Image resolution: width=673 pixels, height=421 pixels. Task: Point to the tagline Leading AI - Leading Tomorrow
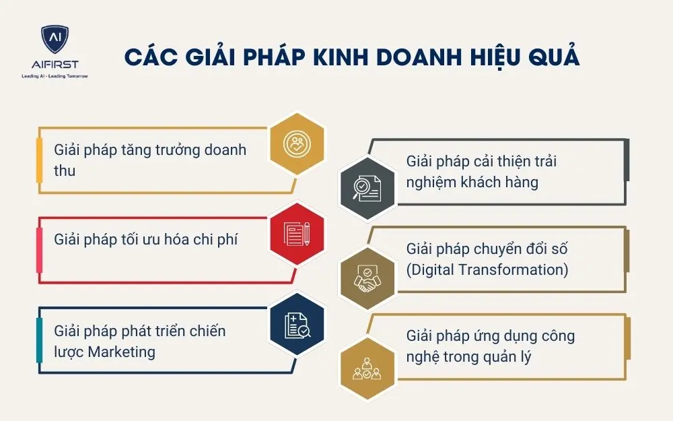pyautogui.click(x=55, y=76)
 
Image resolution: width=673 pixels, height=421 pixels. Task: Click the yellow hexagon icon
pyautogui.click(x=297, y=143)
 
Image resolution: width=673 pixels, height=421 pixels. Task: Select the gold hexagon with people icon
pyautogui.click(x=367, y=366)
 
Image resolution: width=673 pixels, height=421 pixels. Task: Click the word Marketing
pyautogui.click(x=121, y=352)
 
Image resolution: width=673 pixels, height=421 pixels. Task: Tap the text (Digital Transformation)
pyautogui.click(x=487, y=269)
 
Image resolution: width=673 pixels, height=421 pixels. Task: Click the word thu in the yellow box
pyautogui.click(x=65, y=170)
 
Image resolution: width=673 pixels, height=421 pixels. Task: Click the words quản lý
pyautogui.click(x=505, y=356)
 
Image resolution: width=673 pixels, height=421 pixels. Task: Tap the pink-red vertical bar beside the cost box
pyautogui.click(x=39, y=249)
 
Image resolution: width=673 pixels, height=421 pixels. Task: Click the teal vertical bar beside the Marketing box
pyautogui.click(x=39, y=339)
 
